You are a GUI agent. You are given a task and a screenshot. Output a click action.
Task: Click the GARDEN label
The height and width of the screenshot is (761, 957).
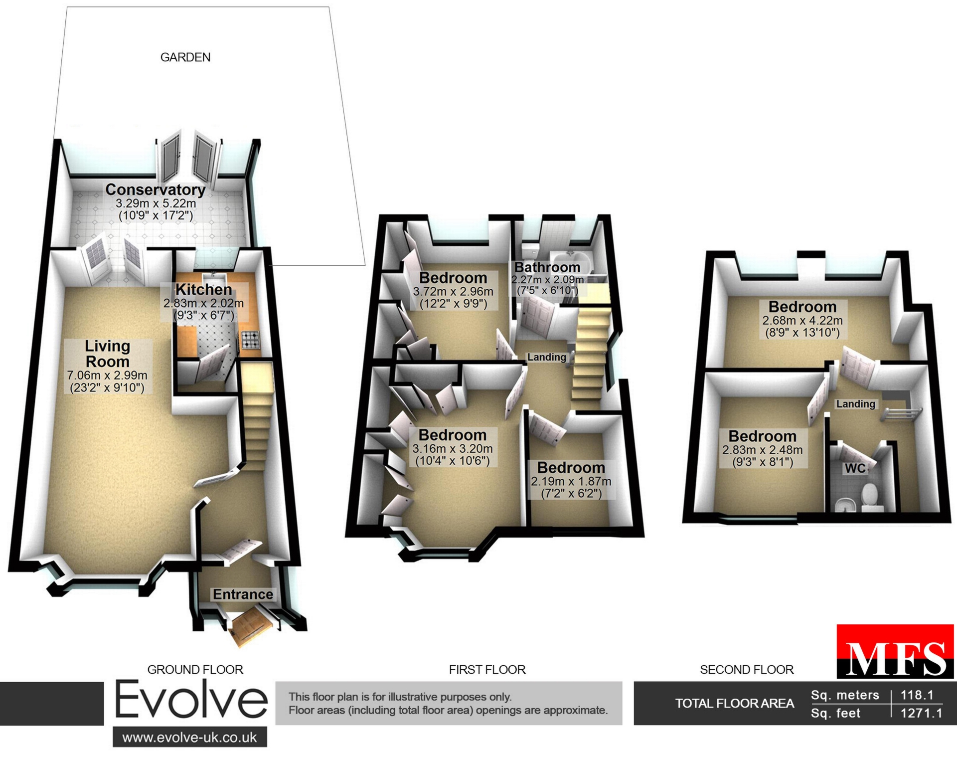coord(185,57)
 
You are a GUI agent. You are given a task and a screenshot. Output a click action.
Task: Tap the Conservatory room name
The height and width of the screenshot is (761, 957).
coord(156,190)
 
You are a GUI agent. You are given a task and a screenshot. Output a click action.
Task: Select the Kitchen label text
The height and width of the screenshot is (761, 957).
coord(203,290)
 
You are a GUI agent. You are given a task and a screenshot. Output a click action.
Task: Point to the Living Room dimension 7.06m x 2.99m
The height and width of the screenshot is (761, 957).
coord(107,375)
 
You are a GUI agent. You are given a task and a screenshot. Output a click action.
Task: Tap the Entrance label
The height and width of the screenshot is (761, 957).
coord(243,594)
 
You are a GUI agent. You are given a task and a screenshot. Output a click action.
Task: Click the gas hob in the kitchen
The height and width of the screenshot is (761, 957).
coord(250,340)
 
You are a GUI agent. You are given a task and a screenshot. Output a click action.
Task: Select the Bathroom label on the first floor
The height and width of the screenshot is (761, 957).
coord(547,267)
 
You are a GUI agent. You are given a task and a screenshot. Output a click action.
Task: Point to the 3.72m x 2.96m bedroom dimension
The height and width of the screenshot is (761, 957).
coord(453,291)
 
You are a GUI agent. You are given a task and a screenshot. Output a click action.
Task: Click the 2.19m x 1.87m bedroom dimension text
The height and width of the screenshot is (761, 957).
coord(571,481)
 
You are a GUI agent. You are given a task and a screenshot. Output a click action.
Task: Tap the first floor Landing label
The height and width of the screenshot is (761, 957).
coord(547,357)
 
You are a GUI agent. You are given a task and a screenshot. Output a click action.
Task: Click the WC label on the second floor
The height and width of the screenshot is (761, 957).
coord(855,468)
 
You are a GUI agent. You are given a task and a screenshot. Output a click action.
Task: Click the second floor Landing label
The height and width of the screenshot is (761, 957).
coord(856,404)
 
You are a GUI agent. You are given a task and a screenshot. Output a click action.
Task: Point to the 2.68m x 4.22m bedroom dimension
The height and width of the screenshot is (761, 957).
coord(802,320)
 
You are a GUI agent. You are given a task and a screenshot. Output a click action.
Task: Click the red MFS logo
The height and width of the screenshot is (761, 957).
coord(895,651)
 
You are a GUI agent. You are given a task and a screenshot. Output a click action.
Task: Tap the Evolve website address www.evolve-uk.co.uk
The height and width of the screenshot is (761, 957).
coord(190,737)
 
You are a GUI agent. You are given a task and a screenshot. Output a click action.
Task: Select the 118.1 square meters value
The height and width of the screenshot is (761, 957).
coord(917,695)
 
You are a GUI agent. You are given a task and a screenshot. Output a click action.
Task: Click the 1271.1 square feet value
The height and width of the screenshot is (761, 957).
coord(921,713)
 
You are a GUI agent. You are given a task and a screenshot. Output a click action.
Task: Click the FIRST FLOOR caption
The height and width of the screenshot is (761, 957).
coord(487,670)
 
